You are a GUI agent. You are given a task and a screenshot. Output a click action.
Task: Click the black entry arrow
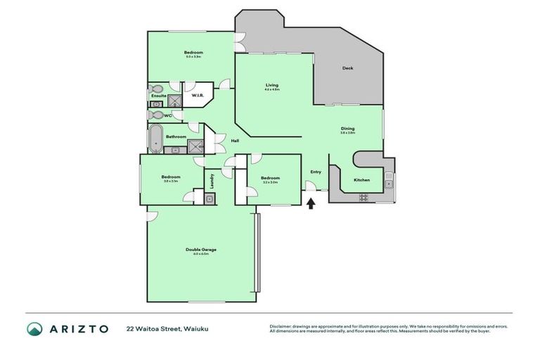point(311,204)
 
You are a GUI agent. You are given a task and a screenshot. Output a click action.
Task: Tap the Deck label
point(347,68)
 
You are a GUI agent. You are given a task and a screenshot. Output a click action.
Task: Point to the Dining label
point(347,129)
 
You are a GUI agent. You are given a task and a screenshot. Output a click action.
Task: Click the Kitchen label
point(361,180)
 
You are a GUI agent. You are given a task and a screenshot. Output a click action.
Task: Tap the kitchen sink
point(388,184)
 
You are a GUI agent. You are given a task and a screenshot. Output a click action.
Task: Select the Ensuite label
point(158,96)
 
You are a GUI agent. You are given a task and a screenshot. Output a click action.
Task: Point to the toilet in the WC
point(157,115)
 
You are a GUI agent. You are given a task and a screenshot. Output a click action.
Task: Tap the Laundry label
point(210,180)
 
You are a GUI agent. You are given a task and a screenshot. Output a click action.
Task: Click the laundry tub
point(210,199)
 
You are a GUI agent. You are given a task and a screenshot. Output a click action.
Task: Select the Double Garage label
point(200,250)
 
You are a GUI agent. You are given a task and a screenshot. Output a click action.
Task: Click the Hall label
point(235,141)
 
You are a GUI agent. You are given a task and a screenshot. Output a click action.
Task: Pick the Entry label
point(316,172)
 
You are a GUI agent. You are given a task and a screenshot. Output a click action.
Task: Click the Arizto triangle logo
point(34,328)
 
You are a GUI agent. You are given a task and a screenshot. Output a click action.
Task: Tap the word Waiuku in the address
point(196,328)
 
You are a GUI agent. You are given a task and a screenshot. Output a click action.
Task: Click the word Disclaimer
point(281,326)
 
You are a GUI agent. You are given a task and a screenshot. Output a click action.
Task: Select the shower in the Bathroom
point(193,146)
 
